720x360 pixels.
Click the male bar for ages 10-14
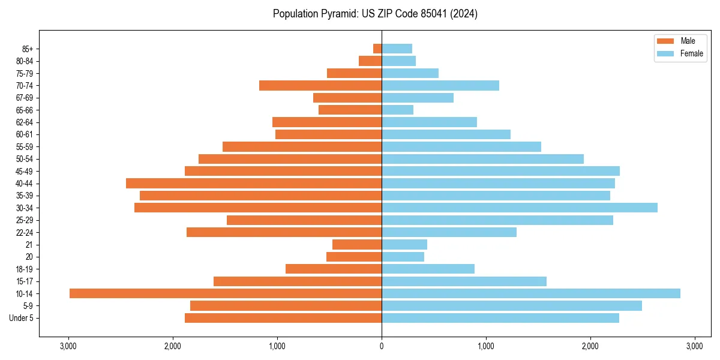click(x=226, y=293)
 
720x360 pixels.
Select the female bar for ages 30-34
click(x=520, y=208)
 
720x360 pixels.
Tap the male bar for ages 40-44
click(x=254, y=183)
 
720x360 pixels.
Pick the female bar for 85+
click(x=397, y=49)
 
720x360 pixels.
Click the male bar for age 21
click(x=357, y=244)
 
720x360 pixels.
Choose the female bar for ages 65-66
click(x=397, y=110)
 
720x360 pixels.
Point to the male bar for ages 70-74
click(x=320, y=85)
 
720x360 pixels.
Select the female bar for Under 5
click(x=500, y=318)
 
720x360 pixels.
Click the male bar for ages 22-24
click(x=284, y=232)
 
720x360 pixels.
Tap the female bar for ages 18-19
click(x=428, y=269)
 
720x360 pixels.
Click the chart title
click(x=375, y=14)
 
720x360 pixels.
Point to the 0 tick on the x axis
click(x=382, y=346)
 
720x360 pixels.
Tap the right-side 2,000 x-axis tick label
click(x=590, y=346)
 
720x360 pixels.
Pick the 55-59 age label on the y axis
click(x=25, y=146)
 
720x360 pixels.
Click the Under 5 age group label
click(x=22, y=318)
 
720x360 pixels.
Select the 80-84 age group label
click(x=25, y=61)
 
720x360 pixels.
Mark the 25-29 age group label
click(x=25, y=220)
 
